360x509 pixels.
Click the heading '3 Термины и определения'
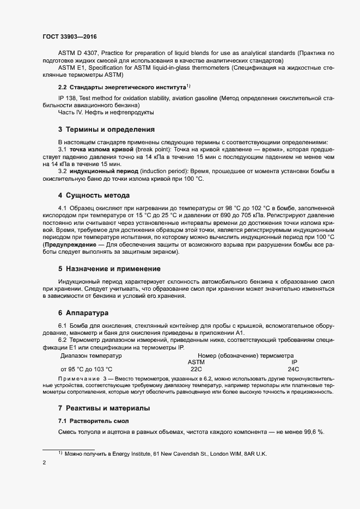[106, 129]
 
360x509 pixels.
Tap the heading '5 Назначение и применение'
[109, 268]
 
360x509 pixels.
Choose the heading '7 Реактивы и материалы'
[103, 408]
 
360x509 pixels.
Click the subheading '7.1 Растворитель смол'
[94, 421]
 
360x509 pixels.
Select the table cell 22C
[196, 369]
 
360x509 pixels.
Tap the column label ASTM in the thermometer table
[196, 361]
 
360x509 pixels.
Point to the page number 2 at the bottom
[44, 463]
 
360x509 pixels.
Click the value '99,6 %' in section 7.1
[313, 432]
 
